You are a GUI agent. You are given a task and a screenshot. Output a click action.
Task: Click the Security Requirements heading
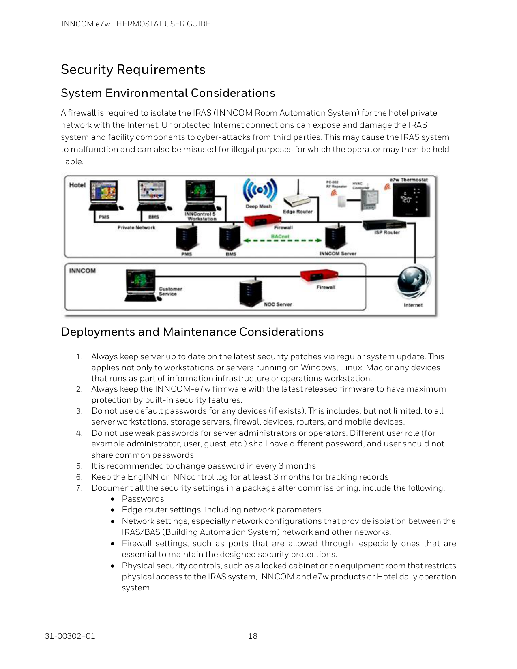click(x=133, y=69)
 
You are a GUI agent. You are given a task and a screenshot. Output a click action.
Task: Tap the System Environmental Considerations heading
click(x=168, y=93)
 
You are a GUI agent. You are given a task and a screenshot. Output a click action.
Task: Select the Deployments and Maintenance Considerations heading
click(x=192, y=332)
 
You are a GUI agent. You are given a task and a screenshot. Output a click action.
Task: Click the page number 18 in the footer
click(x=253, y=636)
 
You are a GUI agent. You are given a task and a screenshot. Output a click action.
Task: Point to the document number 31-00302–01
click(x=70, y=636)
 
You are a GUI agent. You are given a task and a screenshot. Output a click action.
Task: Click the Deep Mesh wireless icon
click(x=260, y=190)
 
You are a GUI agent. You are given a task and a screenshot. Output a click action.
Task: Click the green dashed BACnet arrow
click(x=283, y=240)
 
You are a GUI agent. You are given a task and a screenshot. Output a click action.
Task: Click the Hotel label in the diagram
click(x=77, y=185)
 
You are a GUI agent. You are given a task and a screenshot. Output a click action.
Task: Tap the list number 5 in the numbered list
click(x=79, y=466)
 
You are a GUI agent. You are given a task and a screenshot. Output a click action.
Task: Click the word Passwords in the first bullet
click(x=143, y=499)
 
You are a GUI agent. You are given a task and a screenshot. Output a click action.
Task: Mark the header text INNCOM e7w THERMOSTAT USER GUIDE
click(x=136, y=24)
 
